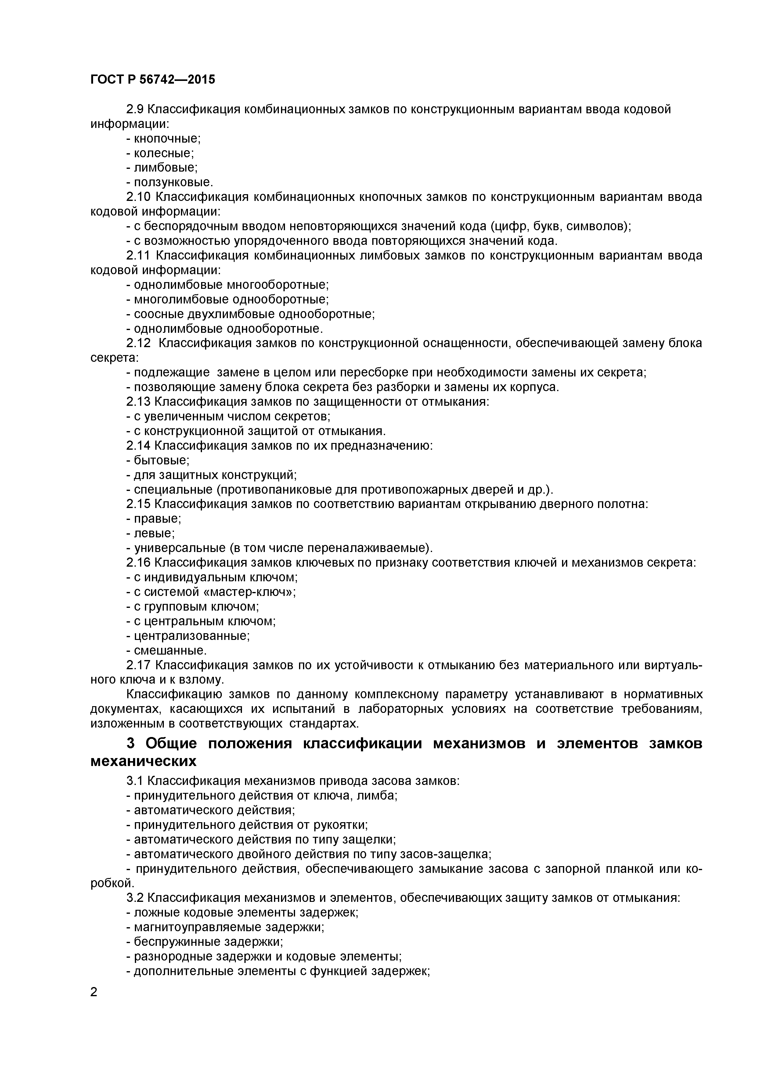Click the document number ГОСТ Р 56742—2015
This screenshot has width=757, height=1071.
tap(153, 80)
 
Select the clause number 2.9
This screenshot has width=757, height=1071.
tap(136, 110)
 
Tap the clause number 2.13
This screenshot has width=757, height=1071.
tap(139, 402)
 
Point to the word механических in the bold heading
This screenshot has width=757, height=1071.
tap(144, 761)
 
